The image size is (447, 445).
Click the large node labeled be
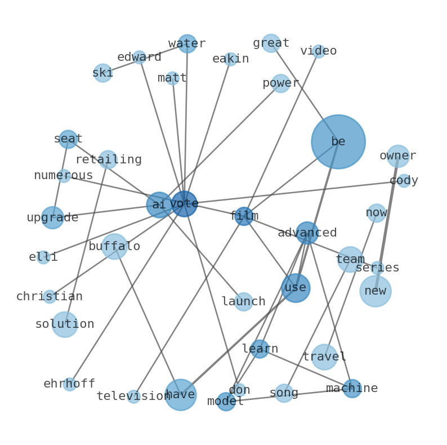click(x=338, y=142)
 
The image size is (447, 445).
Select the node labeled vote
click(x=184, y=204)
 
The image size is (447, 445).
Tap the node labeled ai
click(x=159, y=205)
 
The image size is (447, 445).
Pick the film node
click(x=244, y=216)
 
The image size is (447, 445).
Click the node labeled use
click(x=296, y=288)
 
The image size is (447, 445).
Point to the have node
click(x=180, y=394)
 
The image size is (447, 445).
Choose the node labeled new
click(x=375, y=291)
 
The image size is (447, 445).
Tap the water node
click(x=187, y=44)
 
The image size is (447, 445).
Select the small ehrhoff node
click(x=69, y=384)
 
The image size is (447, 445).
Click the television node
click(x=133, y=397)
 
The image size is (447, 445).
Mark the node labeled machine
click(x=352, y=389)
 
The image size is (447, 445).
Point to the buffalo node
click(x=114, y=247)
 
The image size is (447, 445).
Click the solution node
click(x=65, y=324)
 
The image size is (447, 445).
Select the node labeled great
click(x=271, y=43)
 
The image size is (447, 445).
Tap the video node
click(x=319, y=51)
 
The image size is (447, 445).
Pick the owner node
click(x=398, y=156)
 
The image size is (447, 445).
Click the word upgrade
click(x=52, y=218)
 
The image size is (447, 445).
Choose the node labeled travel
click(x=324, y=357)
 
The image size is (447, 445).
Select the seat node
click(x=68, y=139)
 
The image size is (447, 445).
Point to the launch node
click(x=243, y=302)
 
